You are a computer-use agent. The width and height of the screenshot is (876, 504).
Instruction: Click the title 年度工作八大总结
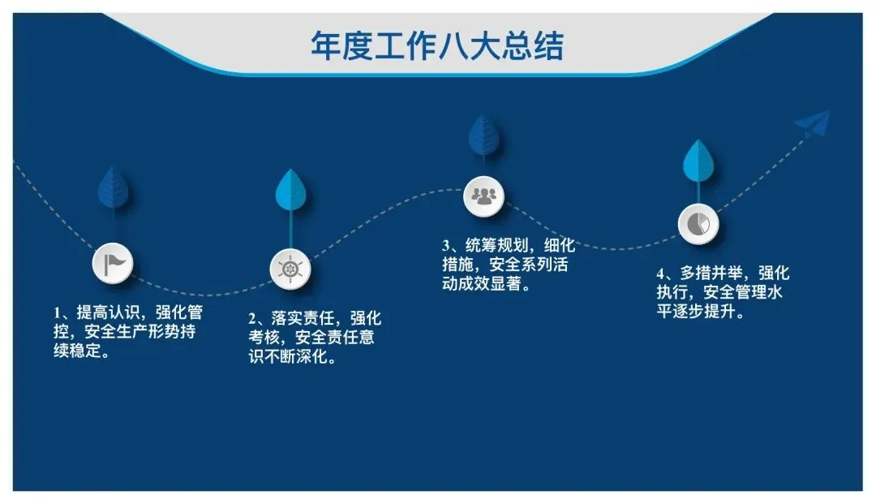tap(437, 45)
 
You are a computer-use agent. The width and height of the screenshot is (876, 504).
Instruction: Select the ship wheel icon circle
tap(290, 269)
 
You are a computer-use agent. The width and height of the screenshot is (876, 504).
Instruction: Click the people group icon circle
tap(483, 196)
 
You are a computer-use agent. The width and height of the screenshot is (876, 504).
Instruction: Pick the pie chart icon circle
tap(698, 222)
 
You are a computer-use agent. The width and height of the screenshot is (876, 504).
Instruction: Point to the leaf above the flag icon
tap(112, 187)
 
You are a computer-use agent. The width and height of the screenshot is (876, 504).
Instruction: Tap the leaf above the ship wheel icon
tap(290, 192)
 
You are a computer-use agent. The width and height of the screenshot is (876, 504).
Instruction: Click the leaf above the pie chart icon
tap(698, 162)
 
